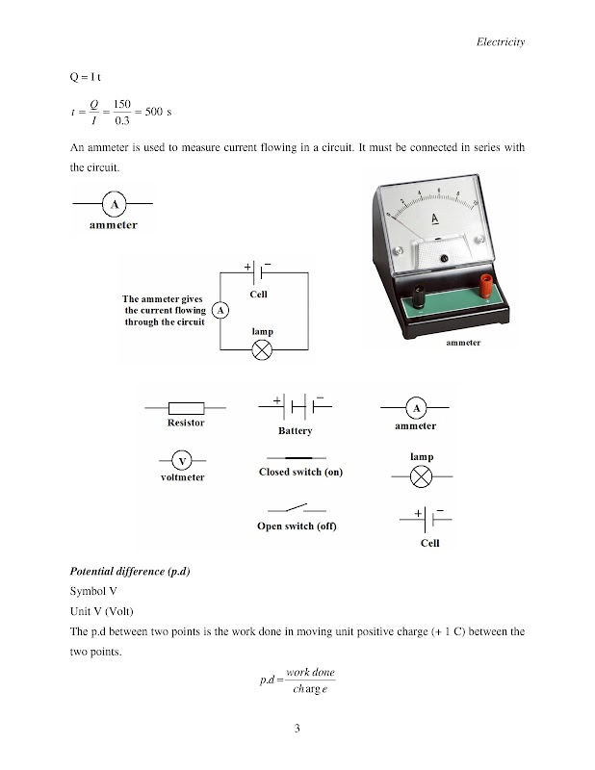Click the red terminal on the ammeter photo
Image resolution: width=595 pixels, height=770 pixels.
tap(487, 284)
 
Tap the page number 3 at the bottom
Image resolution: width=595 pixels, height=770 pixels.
tap(297, 729)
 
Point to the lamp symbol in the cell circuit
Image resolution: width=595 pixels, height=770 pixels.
tap(261, 351)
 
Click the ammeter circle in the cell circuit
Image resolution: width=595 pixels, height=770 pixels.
tap(220, 311)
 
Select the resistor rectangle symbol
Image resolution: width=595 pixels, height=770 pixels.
tap(185, 407)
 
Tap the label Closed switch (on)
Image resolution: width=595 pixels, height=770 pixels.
tap(300, 473)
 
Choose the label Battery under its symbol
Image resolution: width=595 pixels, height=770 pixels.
tap(295, 431)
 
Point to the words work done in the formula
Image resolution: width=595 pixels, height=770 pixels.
tap(310, 671)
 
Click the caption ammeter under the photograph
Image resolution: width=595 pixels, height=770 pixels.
tap(462, 343)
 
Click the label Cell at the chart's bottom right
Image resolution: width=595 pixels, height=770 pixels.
tap(429, 544)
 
